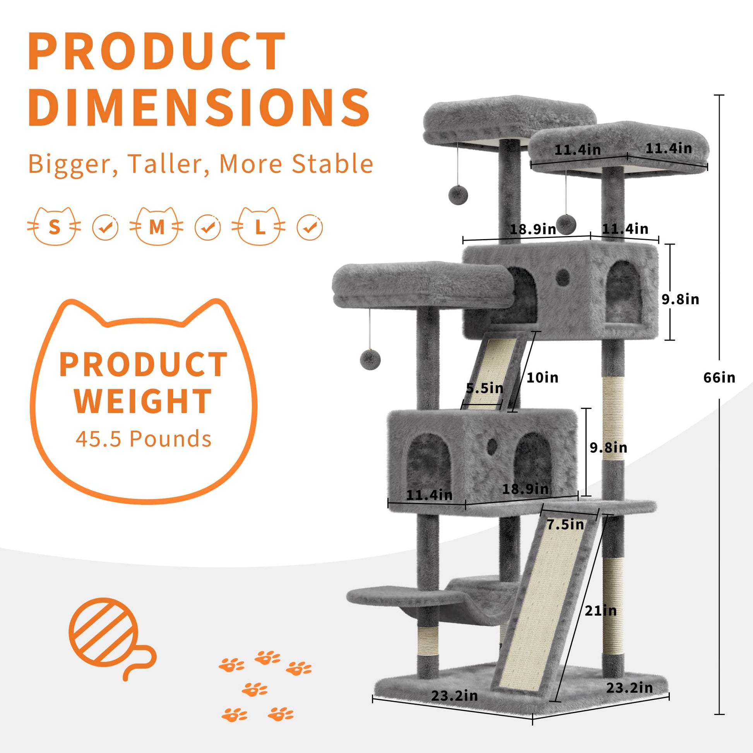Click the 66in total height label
719,377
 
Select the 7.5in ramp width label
565,525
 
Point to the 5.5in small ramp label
484,388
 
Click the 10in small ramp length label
542,377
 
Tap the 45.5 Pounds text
144,438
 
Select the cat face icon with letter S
54,226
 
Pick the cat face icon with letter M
156,226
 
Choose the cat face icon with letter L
259,226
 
